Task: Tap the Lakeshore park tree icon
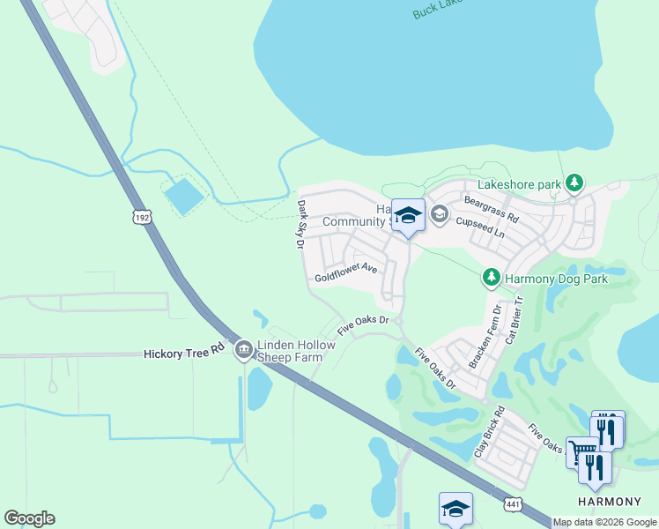574,183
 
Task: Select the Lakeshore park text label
519,185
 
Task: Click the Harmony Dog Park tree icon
492,278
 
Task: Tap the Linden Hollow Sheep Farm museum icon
243,350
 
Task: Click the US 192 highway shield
142,216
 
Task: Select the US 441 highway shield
512,503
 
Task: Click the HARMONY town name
603,501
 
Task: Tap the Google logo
29,518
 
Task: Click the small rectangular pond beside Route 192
184,196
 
